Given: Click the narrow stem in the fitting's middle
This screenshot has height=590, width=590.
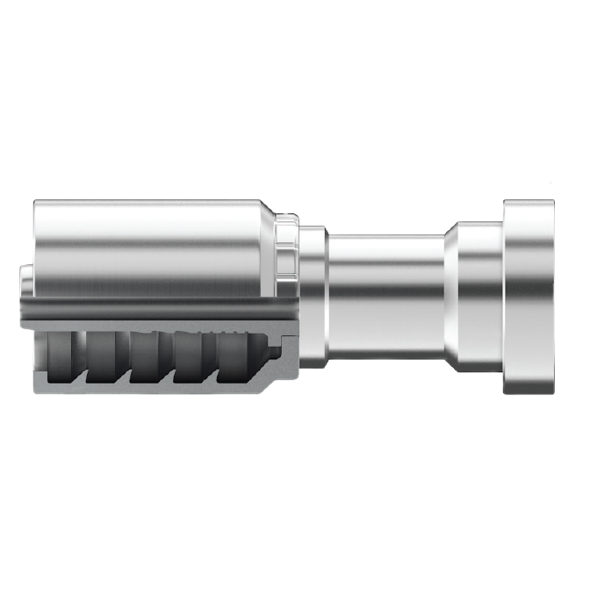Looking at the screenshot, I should [x=386, y=297].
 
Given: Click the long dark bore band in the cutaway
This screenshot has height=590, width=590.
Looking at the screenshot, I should [x=149, y=308].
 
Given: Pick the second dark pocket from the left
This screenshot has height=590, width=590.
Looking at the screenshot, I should [x=106, y=356].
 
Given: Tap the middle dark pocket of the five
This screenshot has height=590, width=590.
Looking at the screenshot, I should [x=150, y=356].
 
